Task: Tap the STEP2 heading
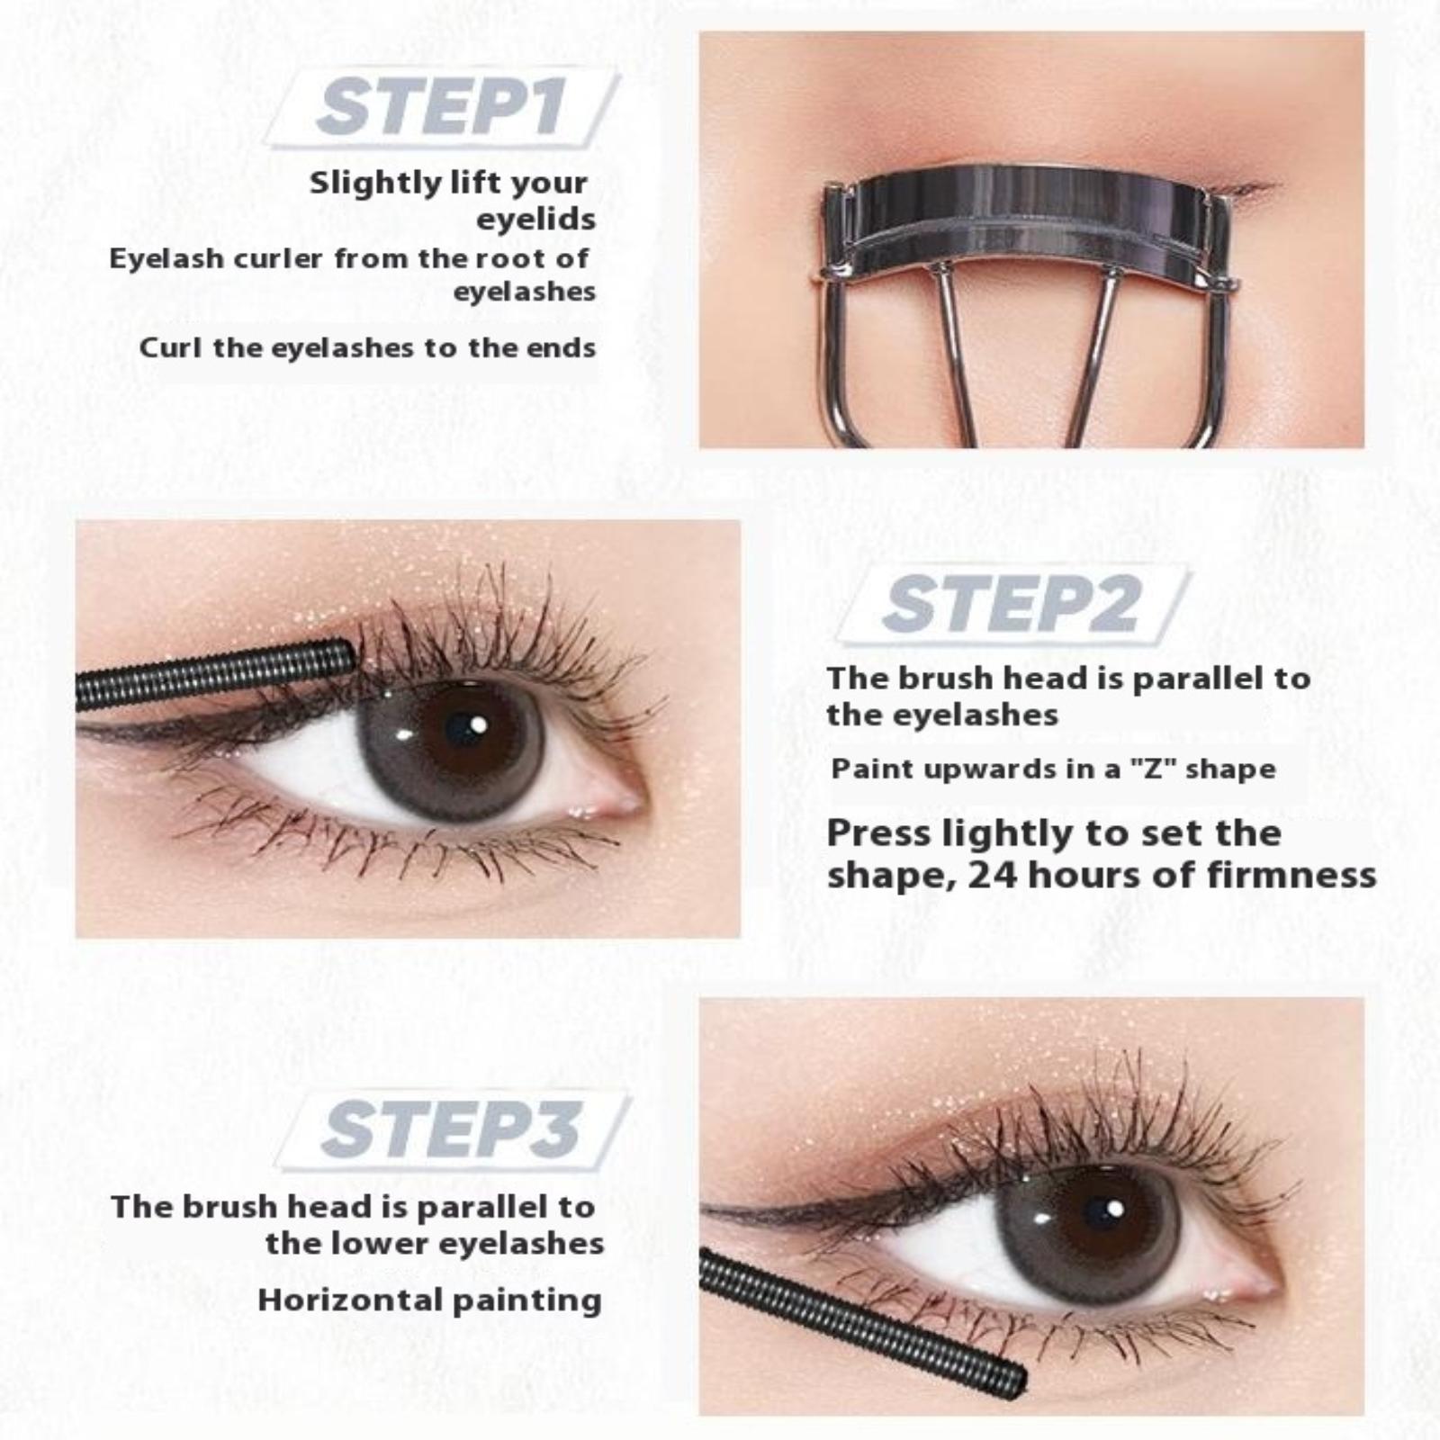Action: [x=1011, y=604]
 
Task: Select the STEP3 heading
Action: [x=450, y=1129]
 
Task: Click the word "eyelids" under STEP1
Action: [x=536, y=220]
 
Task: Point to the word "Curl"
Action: [x=170, y=347]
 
